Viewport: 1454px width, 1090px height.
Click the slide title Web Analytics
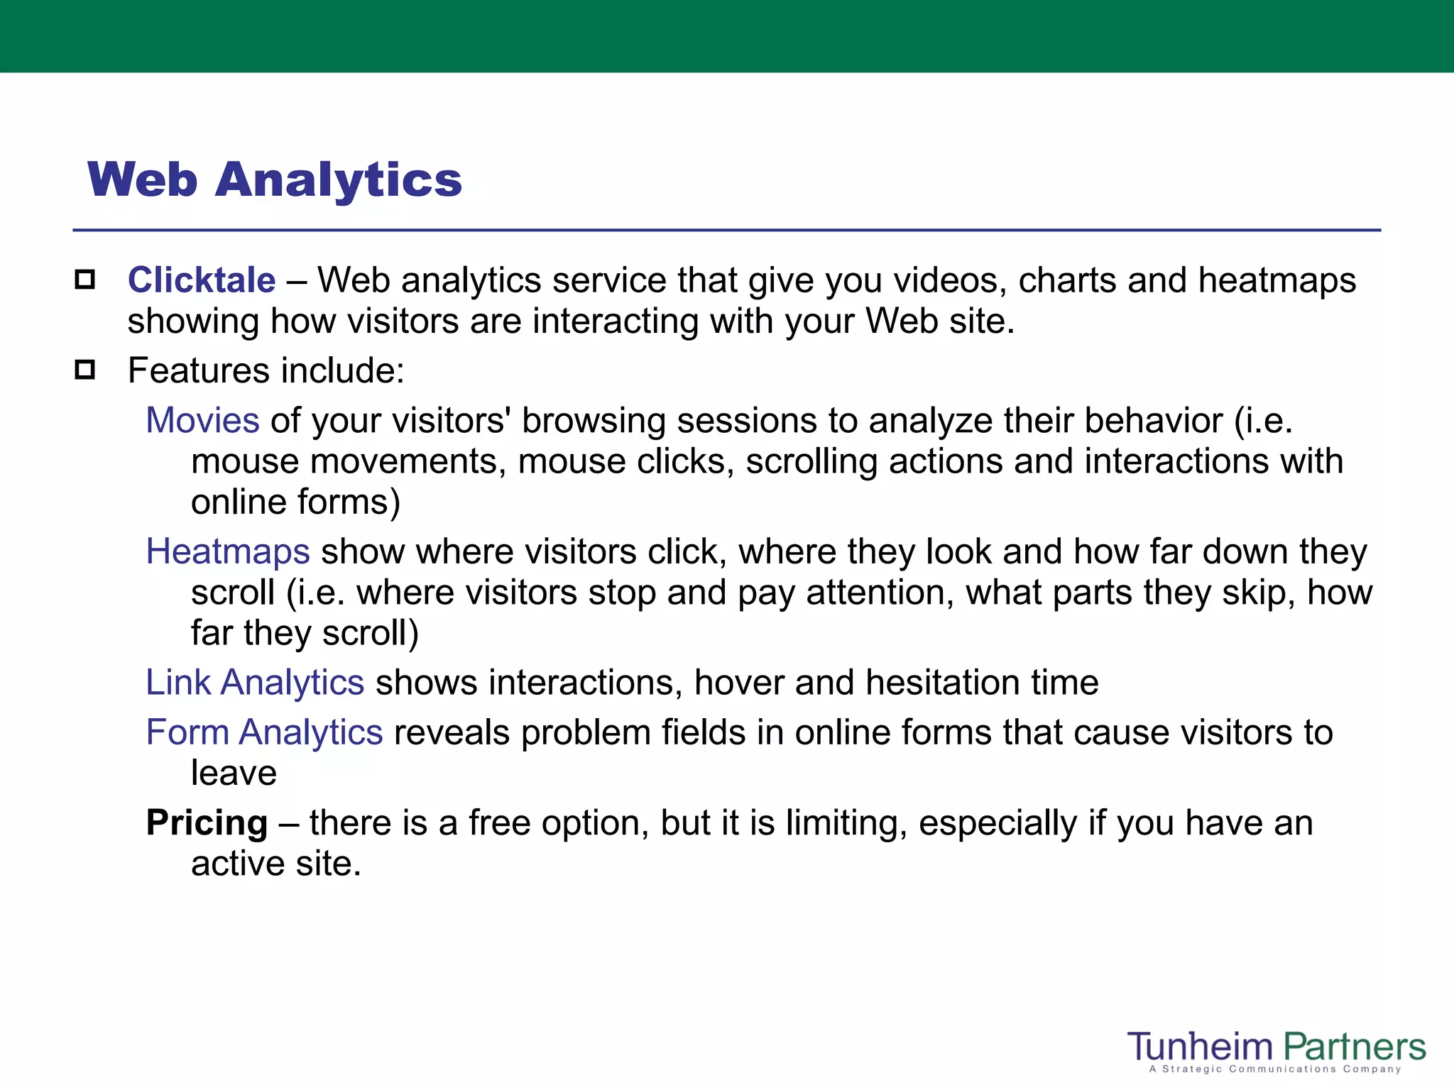(x=275, y=180)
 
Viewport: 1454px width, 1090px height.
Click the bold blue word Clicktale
(x=202, y=280)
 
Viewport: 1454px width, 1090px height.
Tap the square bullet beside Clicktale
(x=85, y=280)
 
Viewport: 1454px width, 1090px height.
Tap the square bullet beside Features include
(x=85, y=370)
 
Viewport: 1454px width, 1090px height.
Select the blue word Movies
(x=202, y=420)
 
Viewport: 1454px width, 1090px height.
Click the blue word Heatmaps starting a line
(x=228, y=551)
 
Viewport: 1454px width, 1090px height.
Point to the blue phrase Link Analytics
(x=255, y=683)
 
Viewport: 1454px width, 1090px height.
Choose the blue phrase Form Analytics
(x=264, y=732)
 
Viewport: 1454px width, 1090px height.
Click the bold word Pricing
(x=207, y=823)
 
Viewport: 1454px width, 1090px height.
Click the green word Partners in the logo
(x=1354, y=1047)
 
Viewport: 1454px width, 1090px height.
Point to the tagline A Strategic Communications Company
(x=1275, y=1069)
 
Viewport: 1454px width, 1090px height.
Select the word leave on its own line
(x=234, y=773)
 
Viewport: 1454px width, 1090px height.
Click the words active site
(x=276, y=864)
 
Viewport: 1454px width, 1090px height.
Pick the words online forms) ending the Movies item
(x=295, y=502)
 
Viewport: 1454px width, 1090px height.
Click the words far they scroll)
(x=305, y=633)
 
